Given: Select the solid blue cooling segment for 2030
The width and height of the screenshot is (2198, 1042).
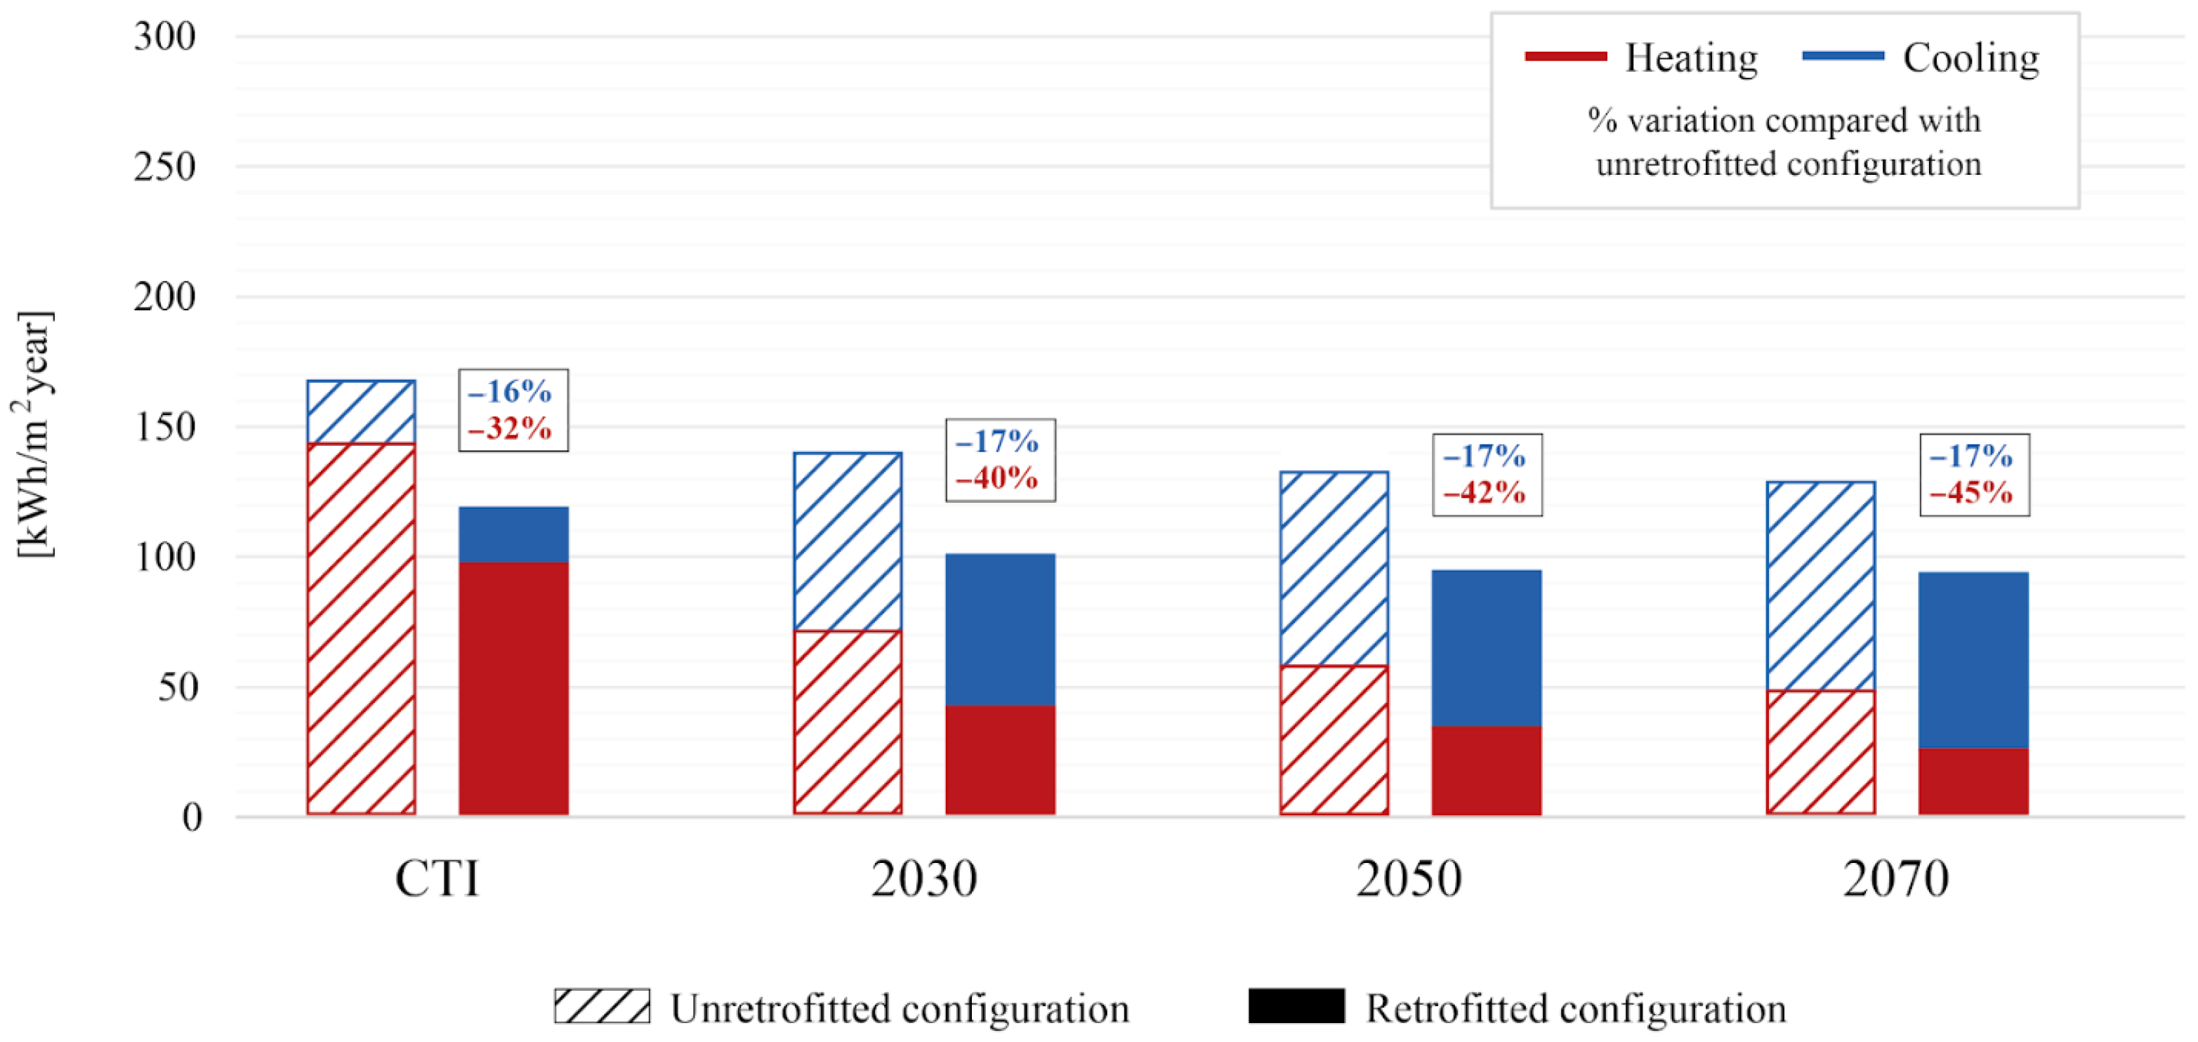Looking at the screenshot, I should tap(1000, 629).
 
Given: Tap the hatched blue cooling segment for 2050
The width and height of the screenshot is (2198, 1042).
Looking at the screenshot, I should tap(1334, 567).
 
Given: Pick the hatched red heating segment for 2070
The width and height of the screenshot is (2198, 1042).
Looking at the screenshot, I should tap(1820, 752).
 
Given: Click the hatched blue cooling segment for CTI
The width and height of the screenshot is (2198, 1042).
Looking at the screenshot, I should tap(361, 411).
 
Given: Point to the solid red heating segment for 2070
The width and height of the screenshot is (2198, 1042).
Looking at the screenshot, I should tap(1973, 781).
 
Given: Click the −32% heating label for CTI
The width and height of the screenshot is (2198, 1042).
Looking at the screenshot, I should tap(511, 428).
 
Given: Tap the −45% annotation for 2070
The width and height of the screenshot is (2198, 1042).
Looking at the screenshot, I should tap(1971, 493).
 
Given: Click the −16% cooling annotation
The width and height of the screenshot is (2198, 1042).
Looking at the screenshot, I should tap(511, 392).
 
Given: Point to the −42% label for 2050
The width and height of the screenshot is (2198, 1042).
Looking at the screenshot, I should tap(1484, 493).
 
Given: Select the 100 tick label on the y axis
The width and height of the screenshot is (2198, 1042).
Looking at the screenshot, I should tap(165, 558).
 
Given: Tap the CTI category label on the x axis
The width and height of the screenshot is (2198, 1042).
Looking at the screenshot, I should tap(437, 878).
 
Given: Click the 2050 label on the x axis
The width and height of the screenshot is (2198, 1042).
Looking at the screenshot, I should tap(1409, 878).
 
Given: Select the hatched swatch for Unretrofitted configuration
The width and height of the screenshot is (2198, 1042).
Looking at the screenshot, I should tap(602, 1006).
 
